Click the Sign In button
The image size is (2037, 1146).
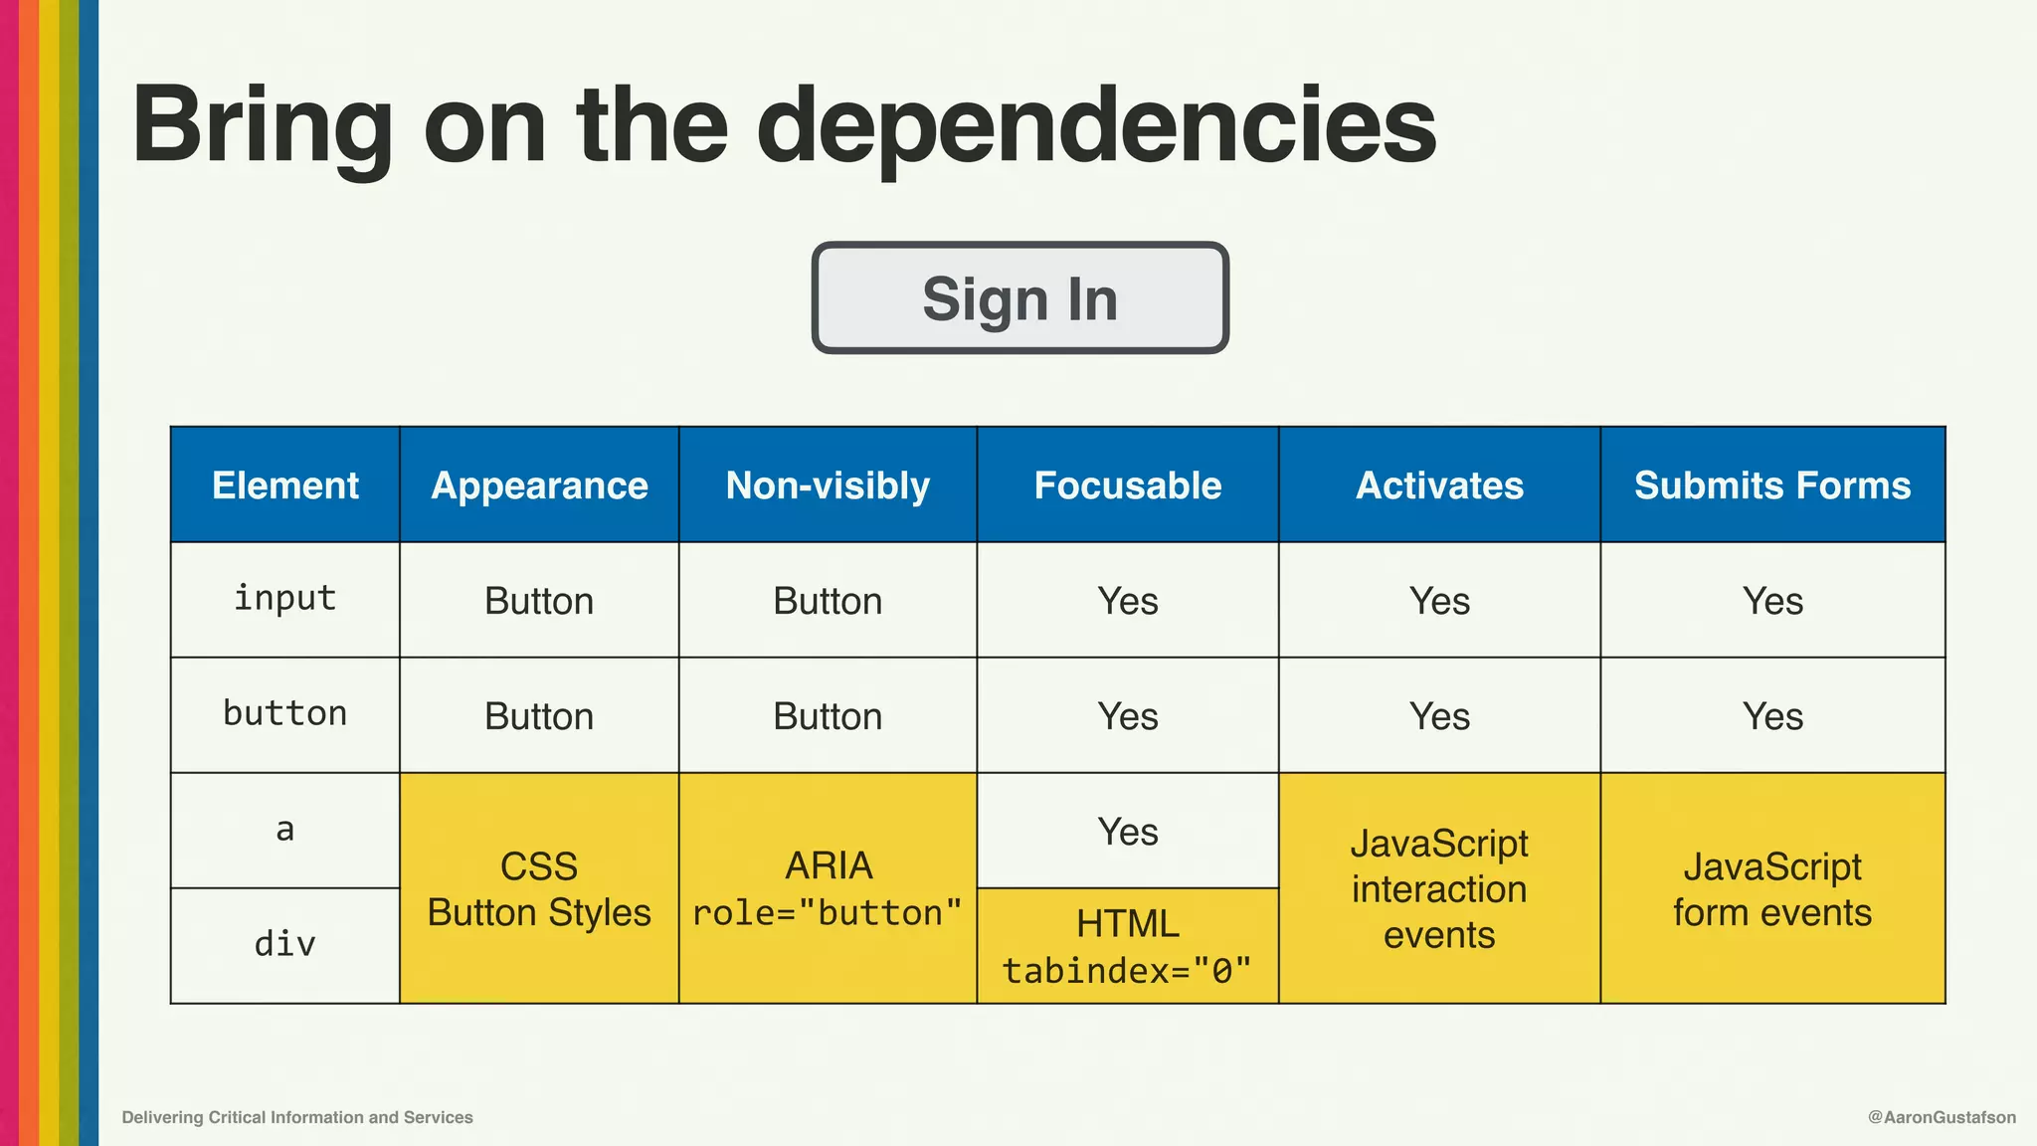1019,298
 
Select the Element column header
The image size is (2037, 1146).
285,485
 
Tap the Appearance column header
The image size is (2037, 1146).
539,485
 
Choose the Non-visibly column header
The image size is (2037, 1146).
828,485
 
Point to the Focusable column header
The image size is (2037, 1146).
1127,485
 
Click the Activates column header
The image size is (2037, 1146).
1439,485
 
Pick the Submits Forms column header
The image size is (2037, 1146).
1772,485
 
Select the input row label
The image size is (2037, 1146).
285,599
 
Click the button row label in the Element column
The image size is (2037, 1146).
285,714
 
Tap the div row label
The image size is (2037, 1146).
285,944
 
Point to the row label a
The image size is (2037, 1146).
285,830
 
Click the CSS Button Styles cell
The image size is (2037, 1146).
539,889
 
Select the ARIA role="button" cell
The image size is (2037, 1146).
828,889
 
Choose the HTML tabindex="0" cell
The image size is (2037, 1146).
1127,946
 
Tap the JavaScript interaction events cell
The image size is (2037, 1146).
1439,889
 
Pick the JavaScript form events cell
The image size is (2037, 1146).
1772,889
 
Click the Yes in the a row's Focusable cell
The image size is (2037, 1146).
1127,832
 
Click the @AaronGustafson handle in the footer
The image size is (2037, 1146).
1942,1117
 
